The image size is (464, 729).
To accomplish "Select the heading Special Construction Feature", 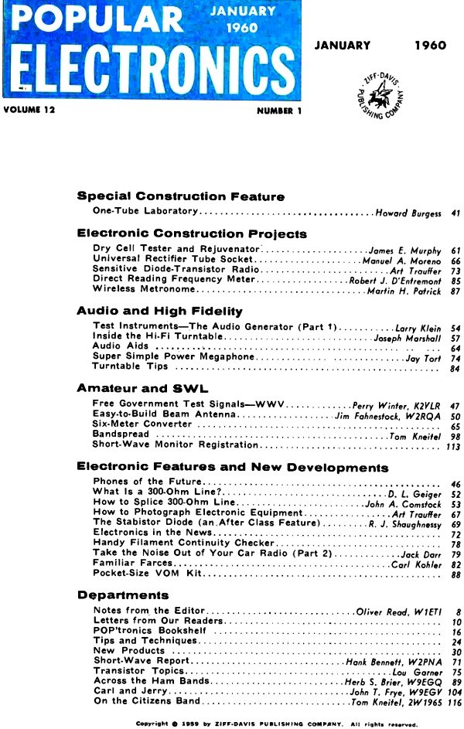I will coord(181,196).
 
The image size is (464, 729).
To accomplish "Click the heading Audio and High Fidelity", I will coord(160,311).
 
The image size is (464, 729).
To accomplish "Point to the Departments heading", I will coord(123,595).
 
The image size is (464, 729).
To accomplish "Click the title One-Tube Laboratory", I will coord(145,211).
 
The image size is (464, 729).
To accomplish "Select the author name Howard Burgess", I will coord(408,212).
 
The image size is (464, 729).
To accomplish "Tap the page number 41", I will coord(455,212).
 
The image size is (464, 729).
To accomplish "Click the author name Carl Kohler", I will coord(416,566).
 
